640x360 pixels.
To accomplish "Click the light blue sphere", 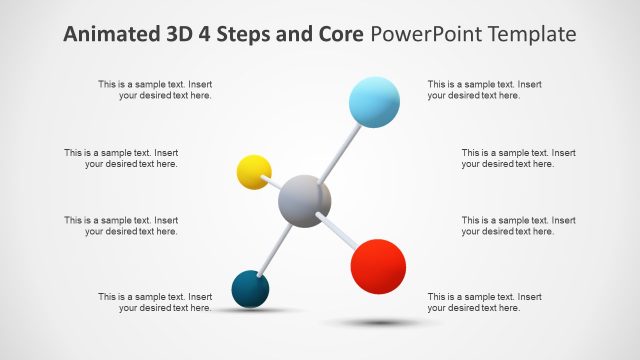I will tap(374, 102).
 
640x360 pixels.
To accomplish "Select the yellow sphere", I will tap(254, 172).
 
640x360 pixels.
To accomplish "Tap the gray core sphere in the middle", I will tap(304, 201).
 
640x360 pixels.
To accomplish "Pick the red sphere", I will tap(378, 266).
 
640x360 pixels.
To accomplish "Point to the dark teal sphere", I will tap(250, 289).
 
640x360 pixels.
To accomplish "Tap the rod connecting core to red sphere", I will tap(340, 232).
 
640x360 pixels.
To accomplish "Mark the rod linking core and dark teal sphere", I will tap(276, 247).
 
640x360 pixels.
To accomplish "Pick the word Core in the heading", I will tap(341, 34).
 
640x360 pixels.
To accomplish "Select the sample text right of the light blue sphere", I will tap(485, 90).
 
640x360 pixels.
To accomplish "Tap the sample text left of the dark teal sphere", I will tap(155, 302).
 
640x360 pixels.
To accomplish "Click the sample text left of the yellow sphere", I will tap(121, 158).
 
